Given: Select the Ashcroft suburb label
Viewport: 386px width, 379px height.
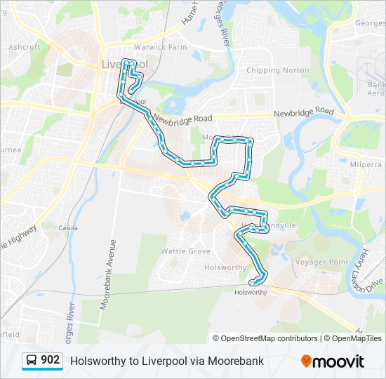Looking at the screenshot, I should pos(24,48).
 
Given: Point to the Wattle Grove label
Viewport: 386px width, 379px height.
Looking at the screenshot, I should pos(185,251).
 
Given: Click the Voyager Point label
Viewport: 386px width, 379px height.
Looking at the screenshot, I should pos(321,262).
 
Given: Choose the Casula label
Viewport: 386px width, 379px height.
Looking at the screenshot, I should pos(68,228).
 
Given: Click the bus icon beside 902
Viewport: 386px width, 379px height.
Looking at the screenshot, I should pos(32,361).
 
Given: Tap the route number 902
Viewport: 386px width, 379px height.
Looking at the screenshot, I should pos(50,361).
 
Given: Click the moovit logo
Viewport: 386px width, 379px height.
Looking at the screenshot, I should pos(333,361).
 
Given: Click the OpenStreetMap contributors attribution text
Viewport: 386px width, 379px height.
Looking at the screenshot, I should pos(269,338).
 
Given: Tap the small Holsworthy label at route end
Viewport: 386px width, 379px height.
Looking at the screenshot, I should pos(251,293).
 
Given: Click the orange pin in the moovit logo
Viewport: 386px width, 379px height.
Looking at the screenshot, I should pos(307,361).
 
